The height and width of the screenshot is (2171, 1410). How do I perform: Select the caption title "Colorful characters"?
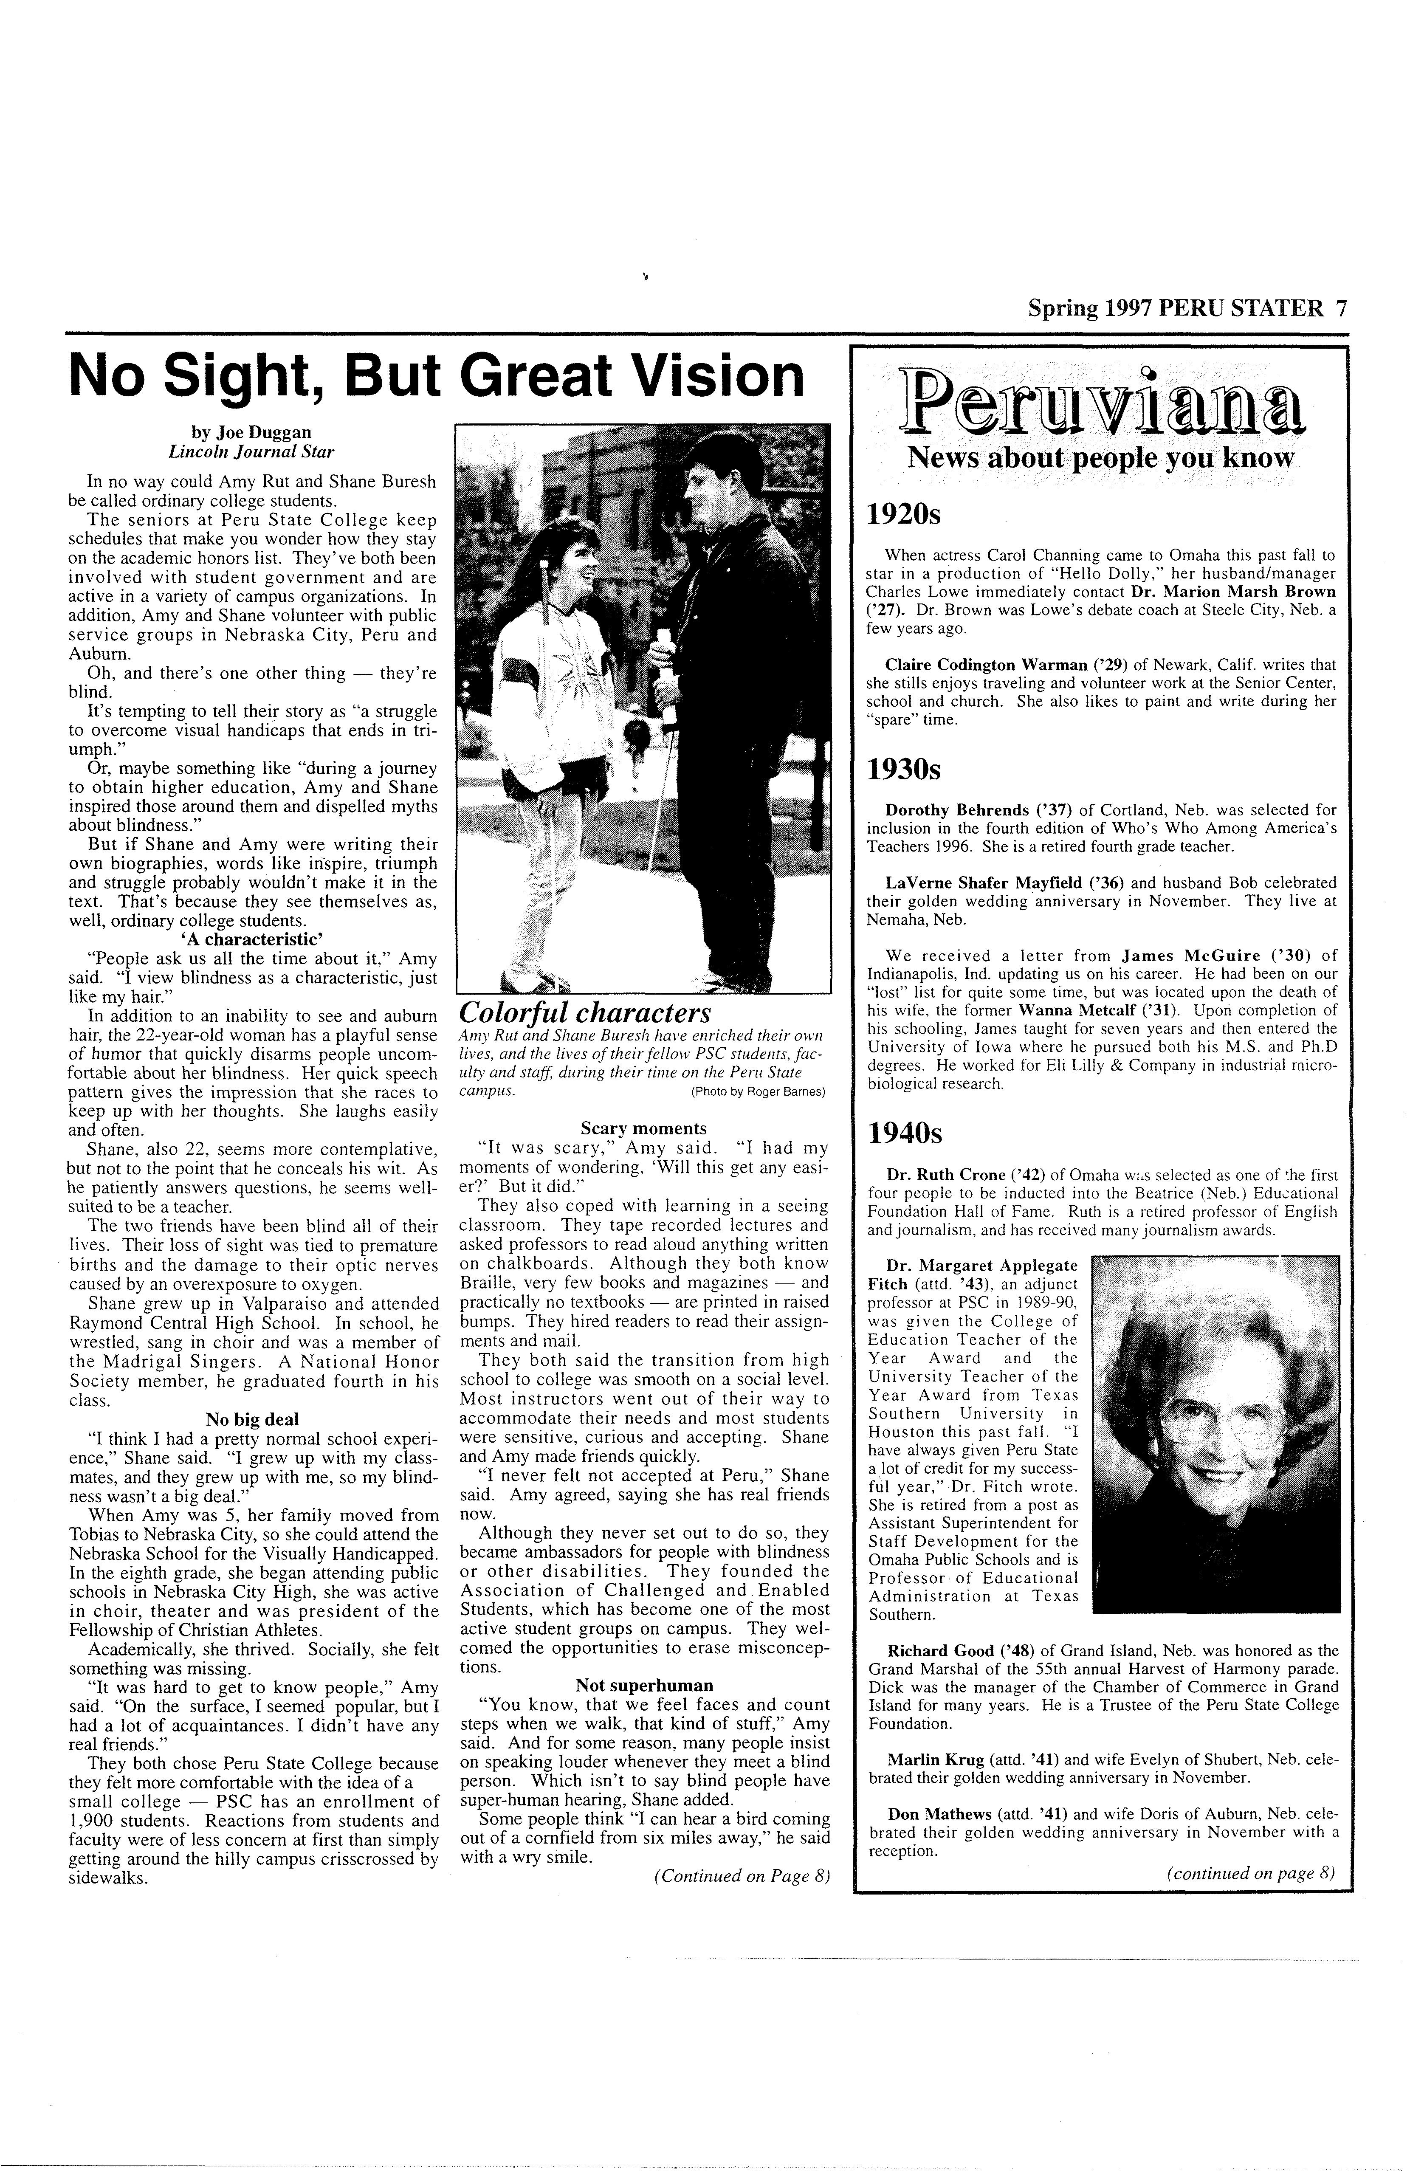click(585, 1013)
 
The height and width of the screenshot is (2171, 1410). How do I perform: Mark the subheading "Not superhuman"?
click(644, 1685)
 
